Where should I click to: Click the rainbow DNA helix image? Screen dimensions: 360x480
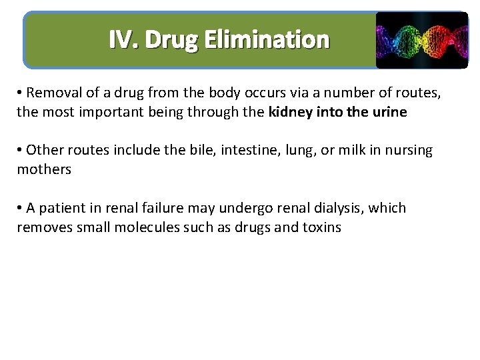421,40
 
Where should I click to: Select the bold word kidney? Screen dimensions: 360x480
291,112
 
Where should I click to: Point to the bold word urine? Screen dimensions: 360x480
389,112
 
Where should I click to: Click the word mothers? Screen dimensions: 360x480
44,169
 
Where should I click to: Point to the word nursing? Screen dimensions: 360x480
406,151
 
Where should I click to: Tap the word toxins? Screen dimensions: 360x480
322,227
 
